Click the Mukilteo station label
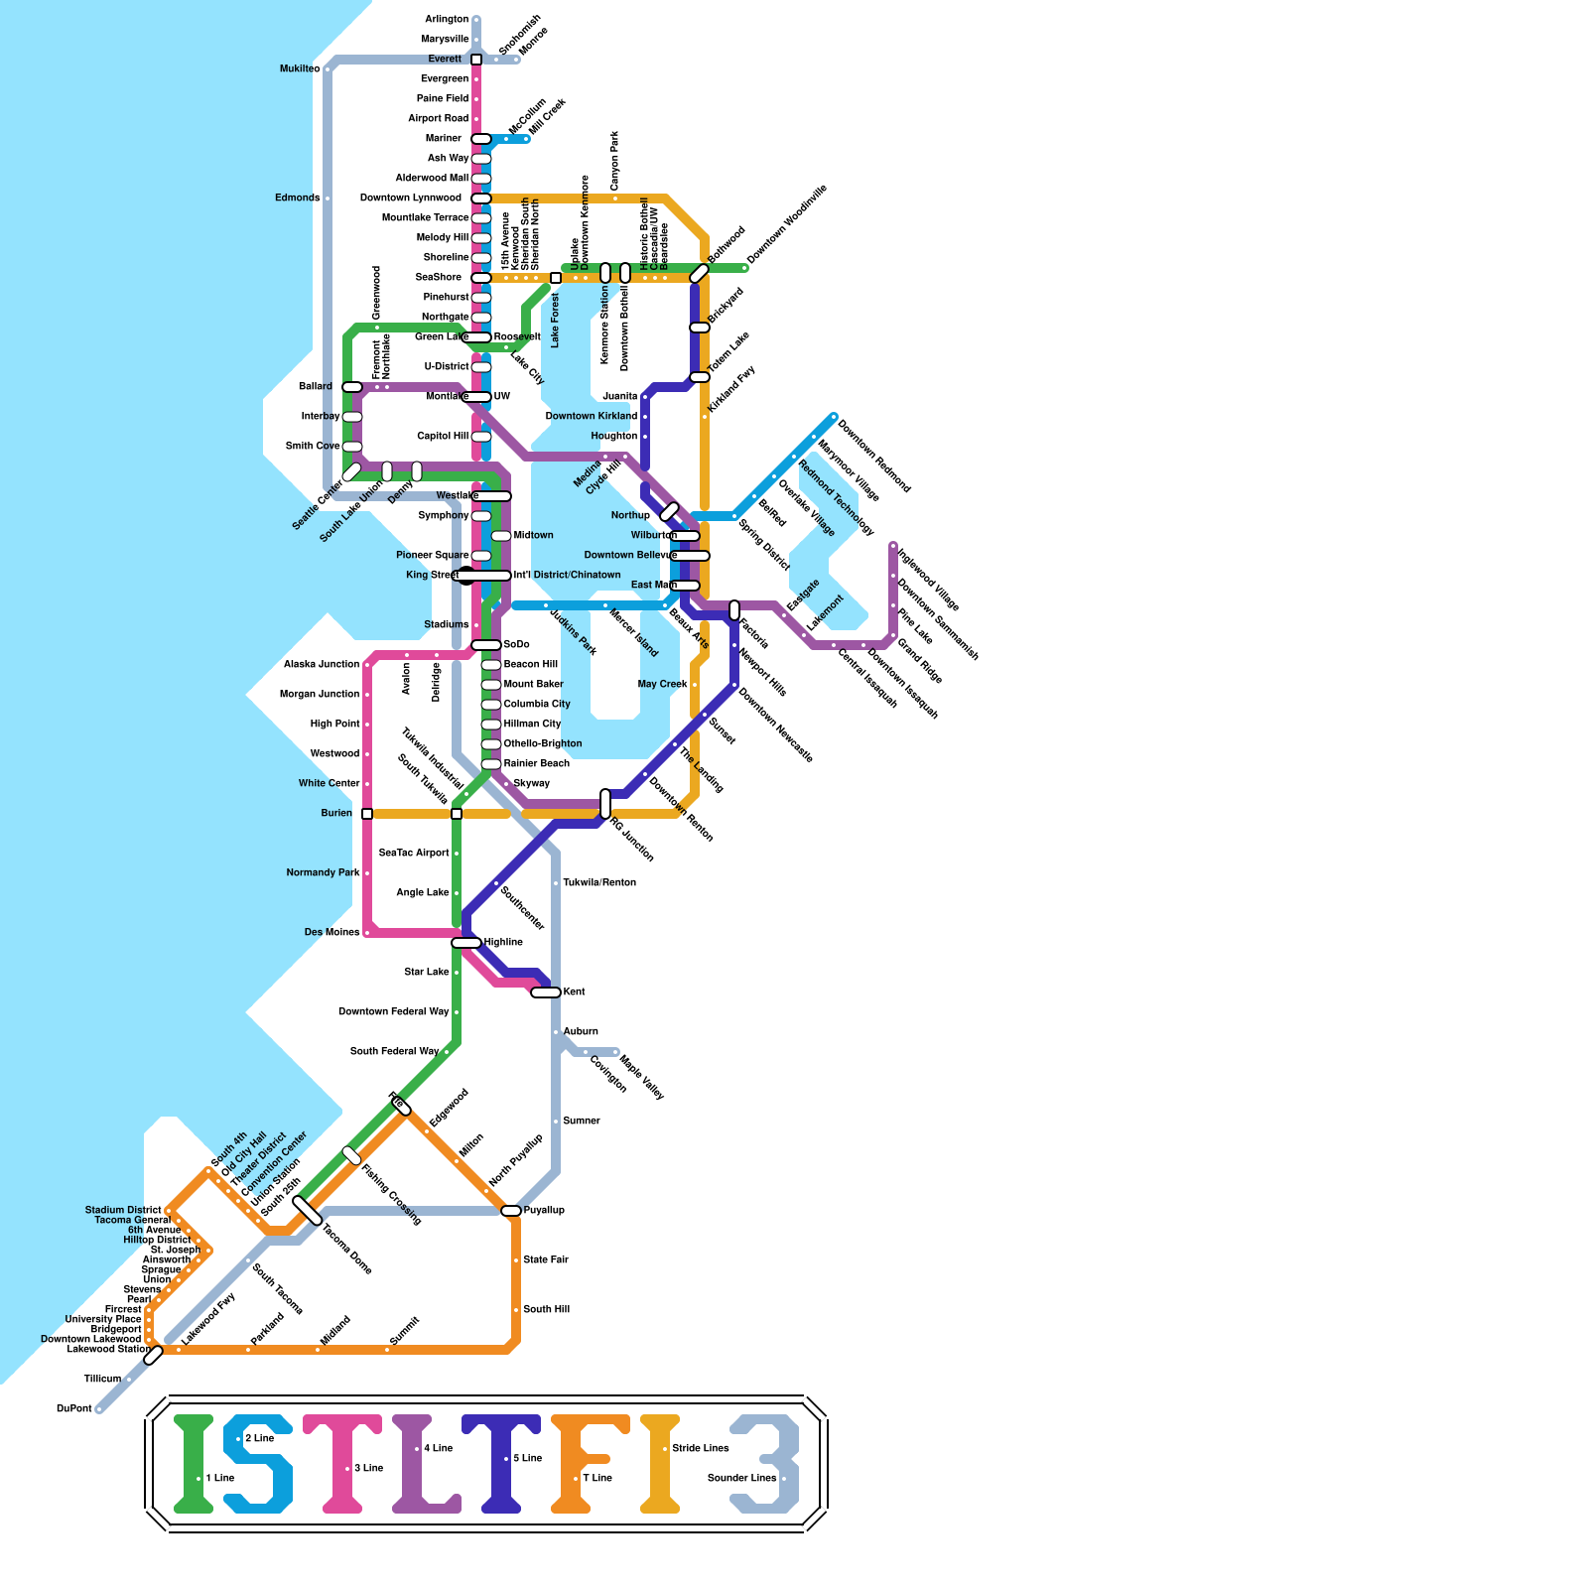pyautogui.click(x=299, y=69)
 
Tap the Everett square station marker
pyautogui.click(x=476, y=60)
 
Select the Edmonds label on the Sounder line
pyautogui.click(x=297, y=198)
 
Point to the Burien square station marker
pyautogui.click(x=367, y=814)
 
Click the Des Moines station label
pyautogui.click(x=331, y=933)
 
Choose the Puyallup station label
pyautogui.click(x=544, y=1211)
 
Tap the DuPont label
pyautogui.click(x=74, y=1409)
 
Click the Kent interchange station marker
pyautogui.click(x=545, y=992)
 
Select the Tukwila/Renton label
pyautogui.click(x=599, y=883)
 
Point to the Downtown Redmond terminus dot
pyautogui.click(x=834, y=417)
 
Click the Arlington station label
pyautogui.click(x=447, y=20)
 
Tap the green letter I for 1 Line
pyautogui.click(x=194, y=1464)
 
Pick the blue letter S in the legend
pyautogui.click(x=258, y=1464)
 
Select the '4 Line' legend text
pyautogui.click(x=439, y=1449)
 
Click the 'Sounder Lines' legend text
pyautogui.click(x=741, y=1479)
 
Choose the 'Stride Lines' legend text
pyautogui.click(x=701, y=1449)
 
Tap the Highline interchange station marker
pyautogui.click(x=465, y=943)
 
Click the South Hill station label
pyautogui.click(x=547, y=1310)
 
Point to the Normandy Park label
pyautogui.click(x=323, y=873)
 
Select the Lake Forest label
pyautogui.click(x=556, y=320)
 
